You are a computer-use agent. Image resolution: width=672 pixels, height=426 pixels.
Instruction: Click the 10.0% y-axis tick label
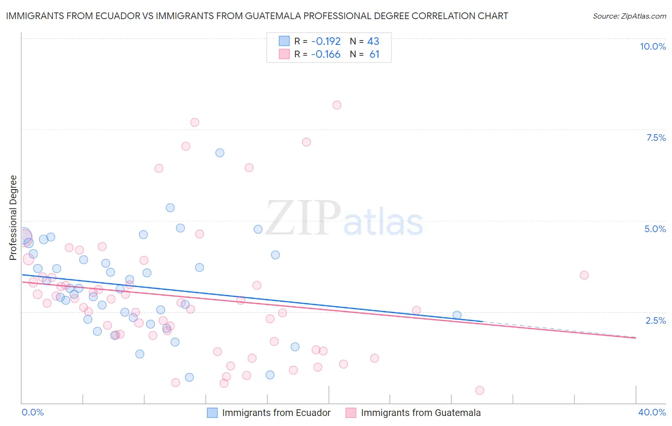click(652, 46)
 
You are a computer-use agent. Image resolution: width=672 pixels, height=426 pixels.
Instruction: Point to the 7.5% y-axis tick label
click(656, 138)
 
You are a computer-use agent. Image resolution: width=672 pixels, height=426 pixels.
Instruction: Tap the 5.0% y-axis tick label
click(655, 229)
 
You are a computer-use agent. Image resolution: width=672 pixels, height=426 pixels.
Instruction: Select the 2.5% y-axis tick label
click(655, 320)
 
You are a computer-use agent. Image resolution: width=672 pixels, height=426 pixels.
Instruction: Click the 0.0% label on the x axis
click(33, 412)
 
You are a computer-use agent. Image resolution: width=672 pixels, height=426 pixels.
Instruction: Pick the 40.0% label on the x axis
click(651, 412)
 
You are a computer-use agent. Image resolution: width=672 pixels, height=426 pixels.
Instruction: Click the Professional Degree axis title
click(13, 218)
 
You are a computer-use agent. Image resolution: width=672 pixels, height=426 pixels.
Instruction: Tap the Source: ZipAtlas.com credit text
click(629, 16)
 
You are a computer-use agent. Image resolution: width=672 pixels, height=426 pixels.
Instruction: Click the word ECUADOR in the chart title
click(117, 16)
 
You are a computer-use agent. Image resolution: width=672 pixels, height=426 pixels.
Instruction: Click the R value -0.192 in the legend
click(325, 41)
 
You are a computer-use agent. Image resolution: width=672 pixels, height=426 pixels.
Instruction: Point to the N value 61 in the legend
click(374, 54)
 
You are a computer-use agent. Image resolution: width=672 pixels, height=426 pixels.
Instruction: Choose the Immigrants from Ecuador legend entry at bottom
click(276, 413)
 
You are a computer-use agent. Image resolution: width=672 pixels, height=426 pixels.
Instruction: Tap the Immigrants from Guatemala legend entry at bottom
click(421, 413)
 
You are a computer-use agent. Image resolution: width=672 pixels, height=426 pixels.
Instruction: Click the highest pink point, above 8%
click(337, 105)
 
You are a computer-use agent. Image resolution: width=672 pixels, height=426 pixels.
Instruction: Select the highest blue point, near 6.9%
click(220, 153)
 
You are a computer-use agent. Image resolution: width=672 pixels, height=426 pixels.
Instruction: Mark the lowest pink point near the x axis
click(480, 390)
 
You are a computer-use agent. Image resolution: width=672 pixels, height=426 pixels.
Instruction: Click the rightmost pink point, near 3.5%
click(584, 275)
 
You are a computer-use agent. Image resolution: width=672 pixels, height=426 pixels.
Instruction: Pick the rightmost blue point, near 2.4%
click(457, 315)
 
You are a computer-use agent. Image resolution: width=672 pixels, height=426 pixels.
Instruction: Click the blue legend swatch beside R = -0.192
click(284, 41)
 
